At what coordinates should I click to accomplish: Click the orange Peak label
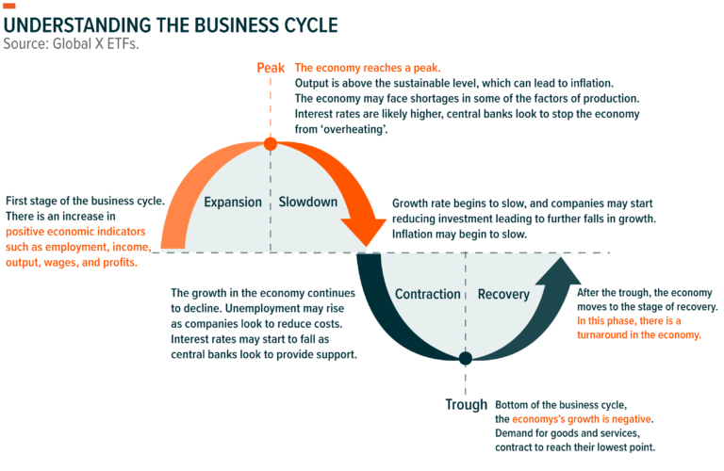(271, 68)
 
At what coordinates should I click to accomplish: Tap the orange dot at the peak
(271, 144)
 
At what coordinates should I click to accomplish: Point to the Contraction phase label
(427, 295)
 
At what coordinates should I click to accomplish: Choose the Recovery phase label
(503, 295)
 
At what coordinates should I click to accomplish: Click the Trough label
(466, 405)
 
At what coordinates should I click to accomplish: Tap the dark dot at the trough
(465, 358)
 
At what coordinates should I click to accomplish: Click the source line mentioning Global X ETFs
(71, 43)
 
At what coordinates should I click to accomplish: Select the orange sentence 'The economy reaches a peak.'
(367, 68)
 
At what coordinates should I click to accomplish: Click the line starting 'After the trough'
(648, 292)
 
